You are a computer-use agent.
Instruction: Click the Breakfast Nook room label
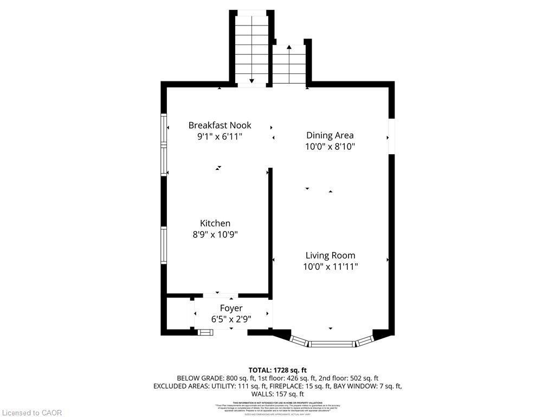point(220,125)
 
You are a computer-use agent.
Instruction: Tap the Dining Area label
point(330,135)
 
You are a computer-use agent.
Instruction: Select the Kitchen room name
point(215,223)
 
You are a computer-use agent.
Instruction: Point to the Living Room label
point(330,255)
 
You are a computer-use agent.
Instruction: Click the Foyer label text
point(231,308)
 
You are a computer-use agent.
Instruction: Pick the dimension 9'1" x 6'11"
point(220,137)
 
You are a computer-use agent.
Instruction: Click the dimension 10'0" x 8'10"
point(330,147)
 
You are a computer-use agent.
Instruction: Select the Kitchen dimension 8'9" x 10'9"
point(215,235)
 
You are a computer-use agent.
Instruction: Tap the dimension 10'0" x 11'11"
point(330,267)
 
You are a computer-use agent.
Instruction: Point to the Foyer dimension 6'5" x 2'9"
point(231,319)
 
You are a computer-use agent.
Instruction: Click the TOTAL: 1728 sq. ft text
point(277,369)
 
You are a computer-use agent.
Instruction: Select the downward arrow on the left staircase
point(251,81)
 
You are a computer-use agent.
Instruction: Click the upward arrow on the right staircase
point(289,48)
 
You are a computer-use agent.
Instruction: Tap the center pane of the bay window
point(332,343)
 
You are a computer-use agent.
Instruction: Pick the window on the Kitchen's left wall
point(163,245)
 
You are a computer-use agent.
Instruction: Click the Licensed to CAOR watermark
point(31,413)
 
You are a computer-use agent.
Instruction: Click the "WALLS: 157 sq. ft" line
point(277,394)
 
